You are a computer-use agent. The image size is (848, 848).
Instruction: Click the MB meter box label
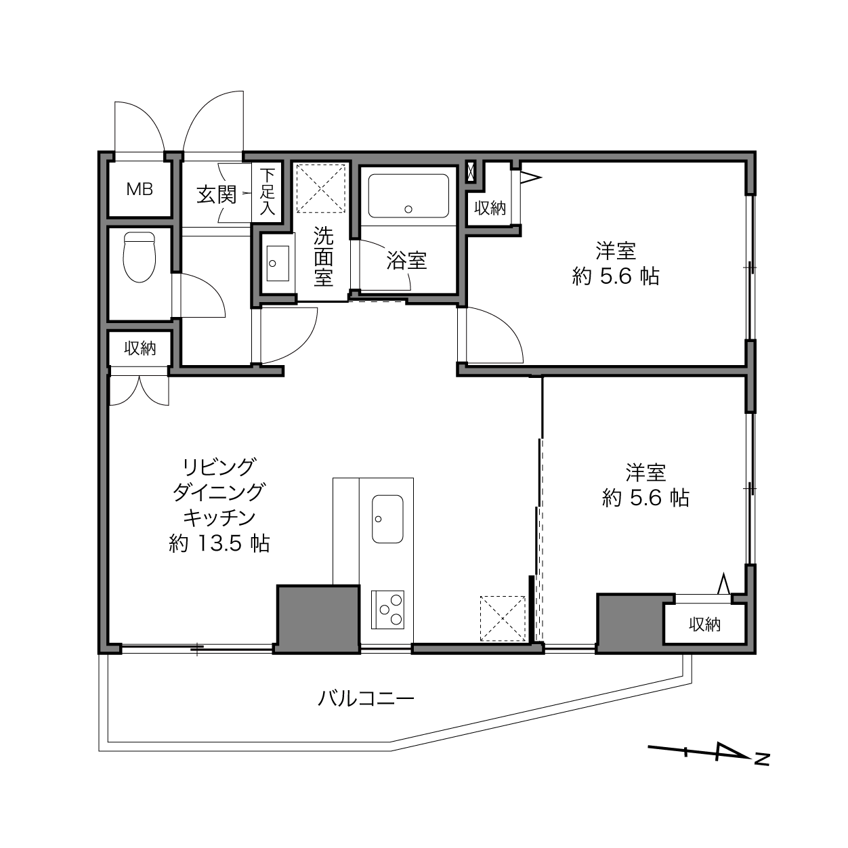[x=140, y=189]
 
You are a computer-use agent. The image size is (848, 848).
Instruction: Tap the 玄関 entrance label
[x=217, y=194]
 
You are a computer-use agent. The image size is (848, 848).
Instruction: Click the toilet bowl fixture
[x=140, y=257]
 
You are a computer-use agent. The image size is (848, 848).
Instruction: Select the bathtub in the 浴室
[x=408, y=196]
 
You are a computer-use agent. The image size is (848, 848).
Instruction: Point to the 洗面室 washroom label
[x=324, y=257]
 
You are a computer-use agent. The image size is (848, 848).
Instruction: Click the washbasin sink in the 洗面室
[x=278, y=263]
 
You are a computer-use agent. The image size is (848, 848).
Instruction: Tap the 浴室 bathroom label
[x=406, y=260]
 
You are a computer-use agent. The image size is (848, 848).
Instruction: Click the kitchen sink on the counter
[x=387, y=520]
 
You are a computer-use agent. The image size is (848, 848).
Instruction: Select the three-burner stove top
[x=387, y=610]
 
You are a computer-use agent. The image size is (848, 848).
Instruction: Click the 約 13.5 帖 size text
[x=219, y=544]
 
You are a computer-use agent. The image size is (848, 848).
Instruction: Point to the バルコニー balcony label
[x=366, y=698]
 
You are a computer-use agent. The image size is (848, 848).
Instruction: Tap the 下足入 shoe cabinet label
[x=267, y=192]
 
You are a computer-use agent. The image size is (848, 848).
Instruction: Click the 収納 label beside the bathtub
[x=490, y=208]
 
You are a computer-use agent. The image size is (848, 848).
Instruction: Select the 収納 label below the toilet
[x=140, y=348]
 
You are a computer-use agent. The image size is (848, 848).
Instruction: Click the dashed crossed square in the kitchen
[x=503, y=618]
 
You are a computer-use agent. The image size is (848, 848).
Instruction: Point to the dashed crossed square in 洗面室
[x=321, y=188]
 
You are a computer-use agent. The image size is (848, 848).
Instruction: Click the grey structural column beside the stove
[x=318, y=619]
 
